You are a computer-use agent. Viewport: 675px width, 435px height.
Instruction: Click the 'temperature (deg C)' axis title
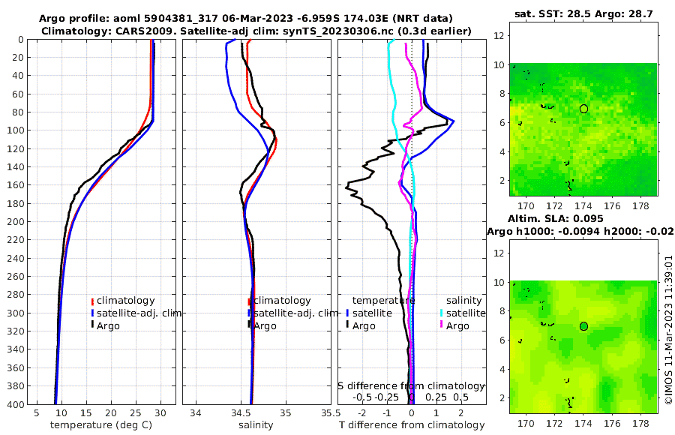[102, 425]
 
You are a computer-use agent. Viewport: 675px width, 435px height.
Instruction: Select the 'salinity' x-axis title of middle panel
[256, 425]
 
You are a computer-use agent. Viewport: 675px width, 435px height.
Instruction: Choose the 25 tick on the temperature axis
[136, 412]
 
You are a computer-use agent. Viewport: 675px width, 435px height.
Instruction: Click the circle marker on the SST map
[583, 109]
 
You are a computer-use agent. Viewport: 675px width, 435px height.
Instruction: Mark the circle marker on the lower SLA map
[583, 326]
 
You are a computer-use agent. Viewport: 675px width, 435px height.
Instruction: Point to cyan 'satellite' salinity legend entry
[468, 313]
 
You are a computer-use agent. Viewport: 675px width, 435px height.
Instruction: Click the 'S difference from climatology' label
[412, 385]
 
